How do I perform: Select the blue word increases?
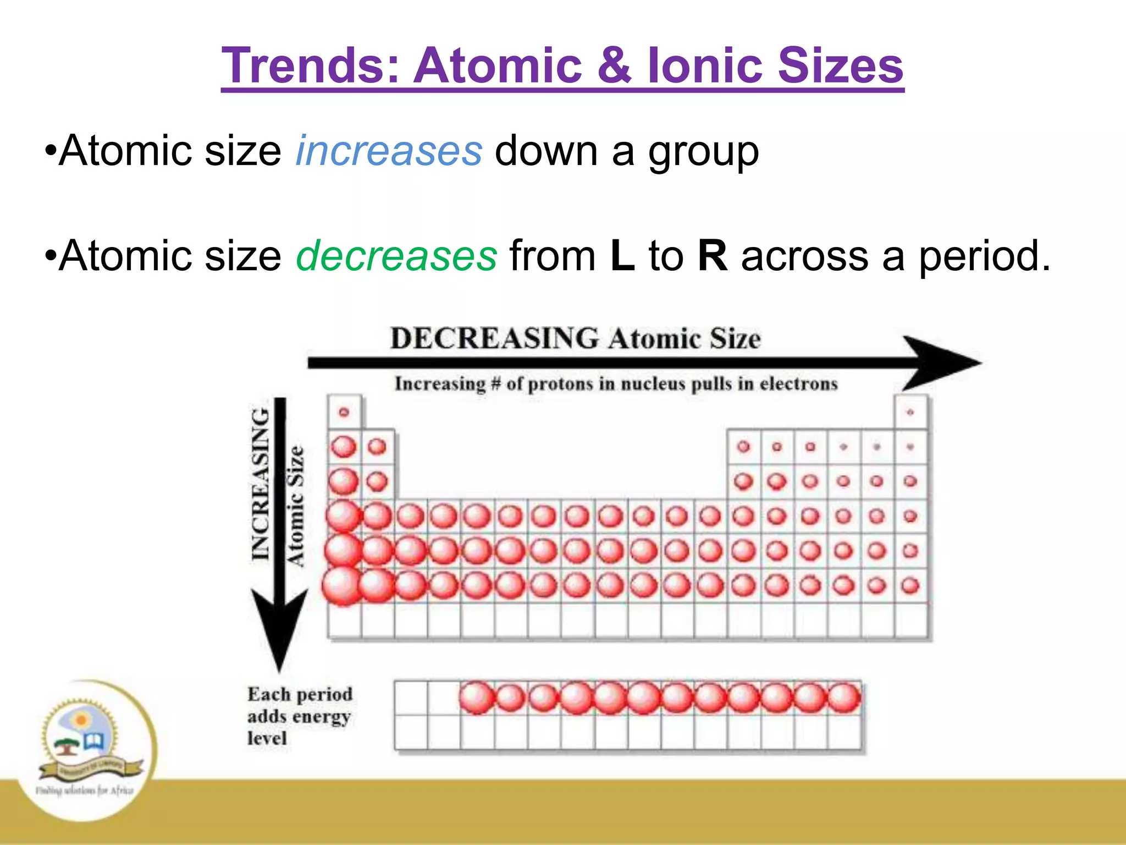click(389, 151)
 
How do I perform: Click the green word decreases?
click(396, 256)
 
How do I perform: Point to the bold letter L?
click(622, 256)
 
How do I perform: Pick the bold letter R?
click(713, 256)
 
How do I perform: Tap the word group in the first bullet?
click(703, 152)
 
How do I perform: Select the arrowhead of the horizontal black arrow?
click(940, 363)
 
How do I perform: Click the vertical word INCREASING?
click(260, 484)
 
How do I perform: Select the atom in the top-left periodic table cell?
click(344, 412)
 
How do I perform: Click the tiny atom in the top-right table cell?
click(910, 412)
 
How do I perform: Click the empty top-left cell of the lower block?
click(411, 698)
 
